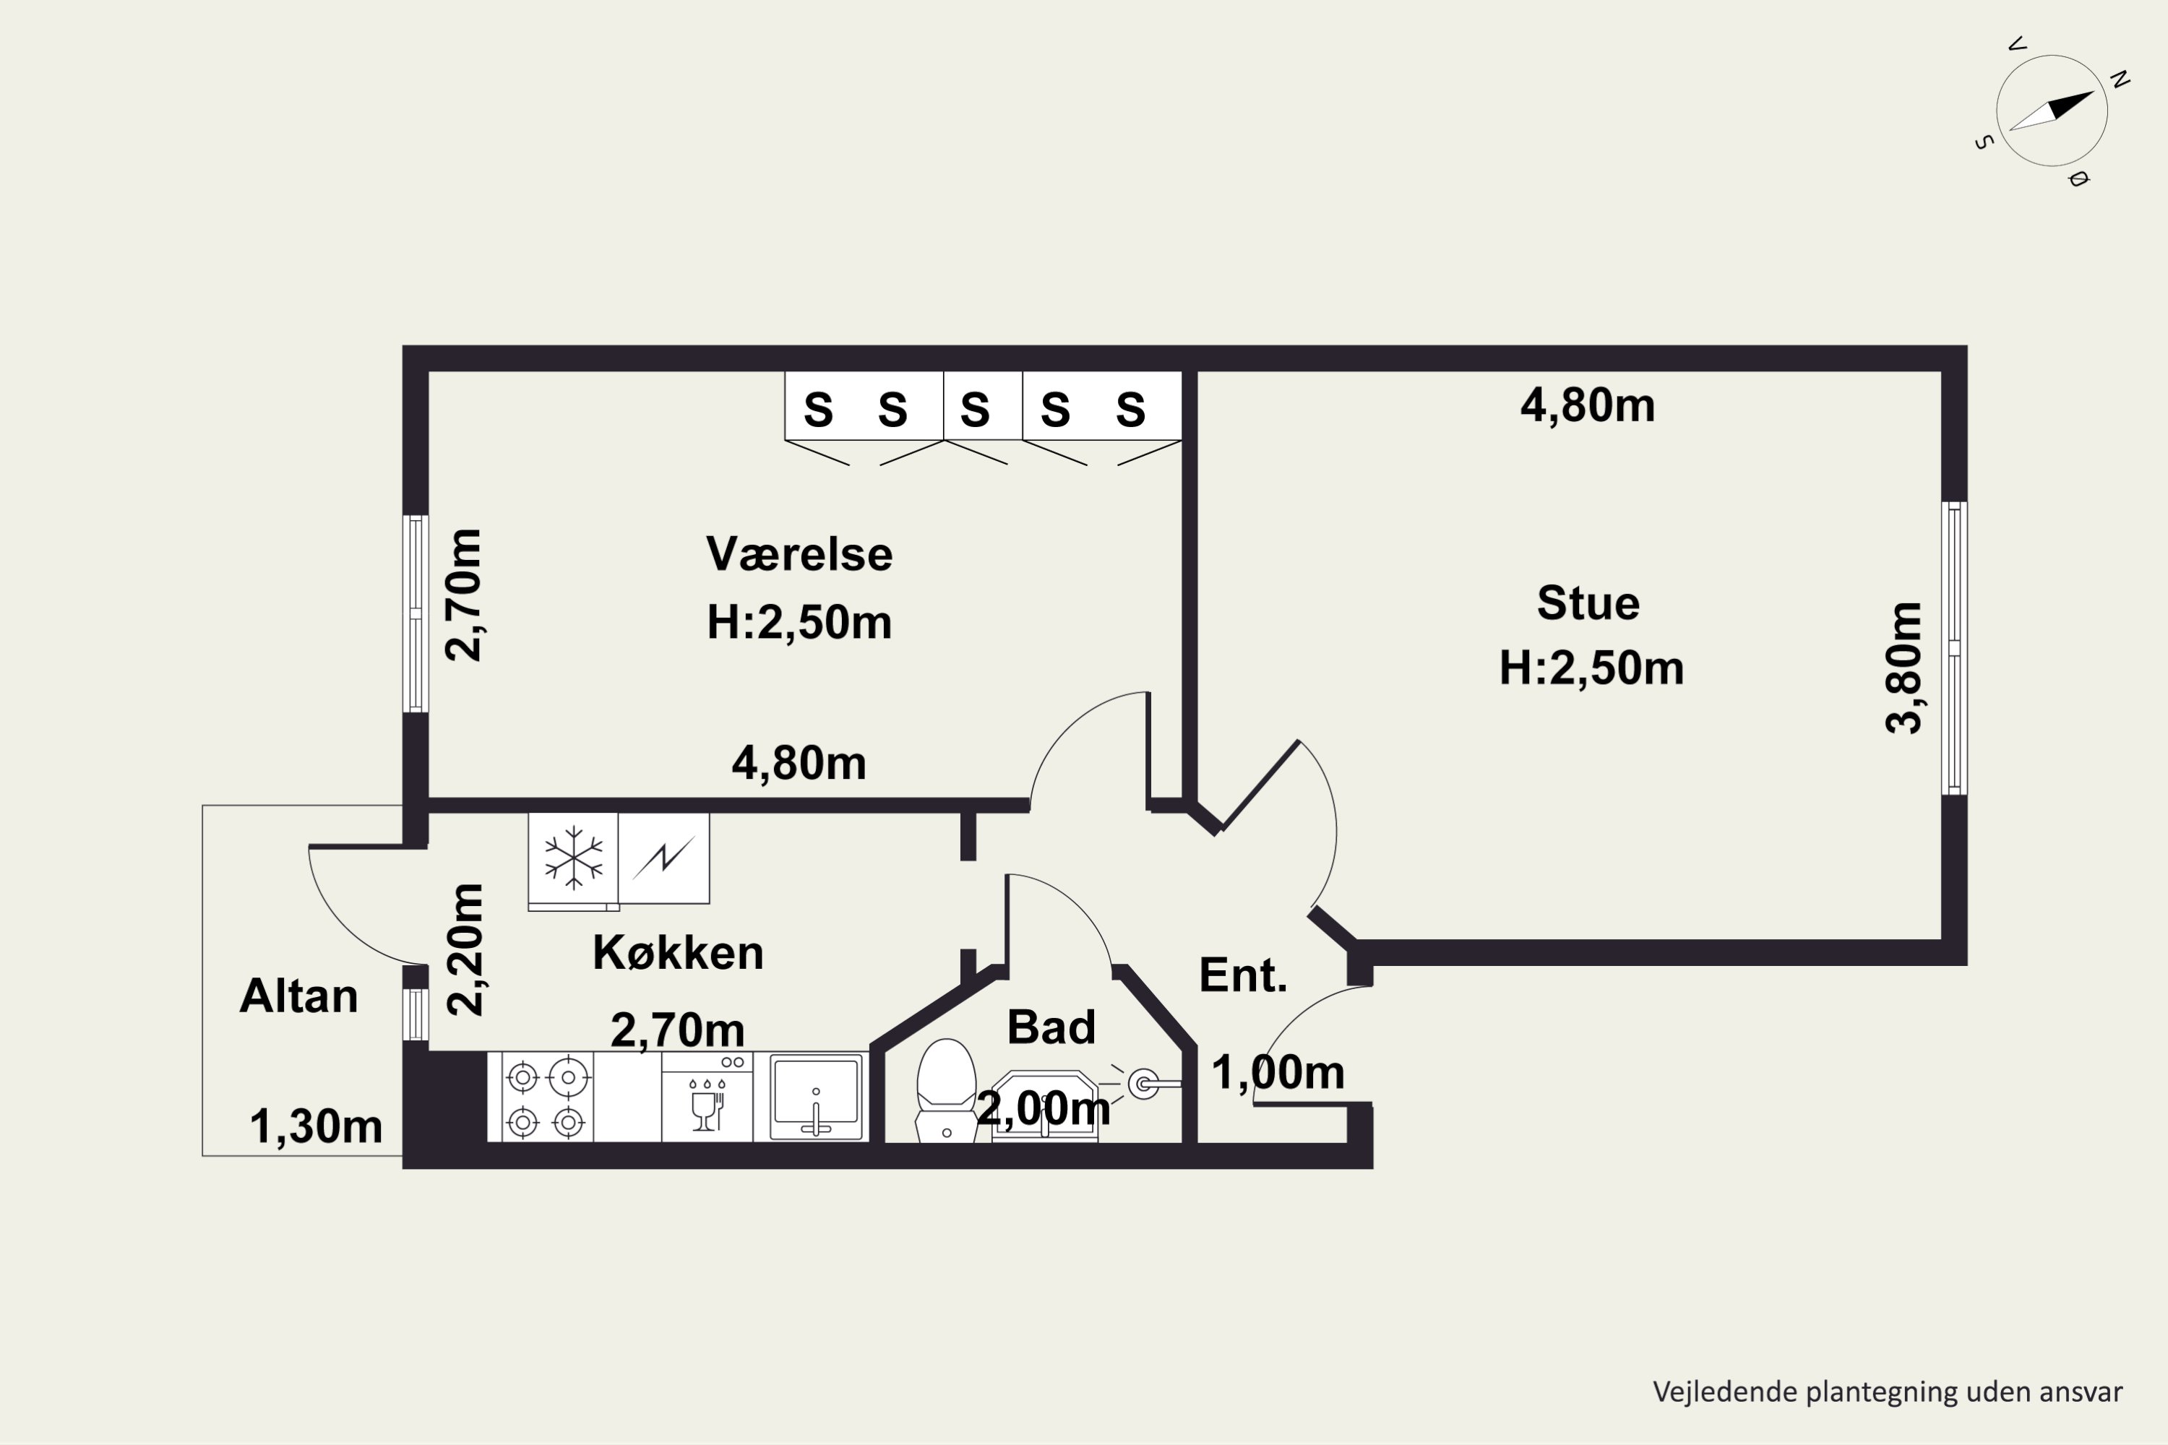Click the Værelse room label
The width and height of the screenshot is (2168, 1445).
click(799, 555)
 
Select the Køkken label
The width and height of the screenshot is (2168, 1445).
click(678, 953)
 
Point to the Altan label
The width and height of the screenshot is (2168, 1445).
click(298, 996)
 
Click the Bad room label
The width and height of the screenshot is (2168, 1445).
click(1051, 1027)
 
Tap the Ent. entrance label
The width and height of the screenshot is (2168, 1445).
click(1242, 975)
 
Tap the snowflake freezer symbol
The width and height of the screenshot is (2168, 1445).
click(573, 858)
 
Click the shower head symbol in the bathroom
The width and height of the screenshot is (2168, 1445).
click(1143, 1084)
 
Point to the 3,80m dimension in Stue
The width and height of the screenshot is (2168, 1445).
click(1904, 668)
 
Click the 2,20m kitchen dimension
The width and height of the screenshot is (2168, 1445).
click(465, 949)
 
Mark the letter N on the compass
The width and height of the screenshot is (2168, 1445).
click(2119, 80)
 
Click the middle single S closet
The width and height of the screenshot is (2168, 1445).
click(975, 409)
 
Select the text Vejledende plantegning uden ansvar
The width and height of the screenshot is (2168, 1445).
click(1888, 1392)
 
